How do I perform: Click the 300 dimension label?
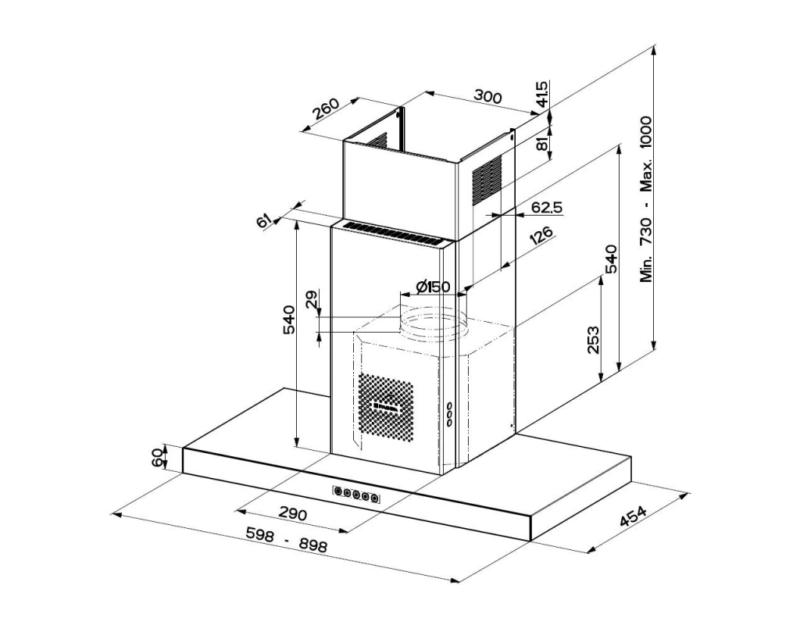pyautogui.click(x=487, y=96)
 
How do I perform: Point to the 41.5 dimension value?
pyautogui.click(x=542, y=94)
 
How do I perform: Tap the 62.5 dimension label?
pyautogui.click(x=546, y=207)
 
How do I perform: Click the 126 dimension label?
pyautogui.click(x=541, y=236)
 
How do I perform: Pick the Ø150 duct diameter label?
pyautogui.click(x=433, y=287)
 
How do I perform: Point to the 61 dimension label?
pyautogui.click(x=263, y=221)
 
